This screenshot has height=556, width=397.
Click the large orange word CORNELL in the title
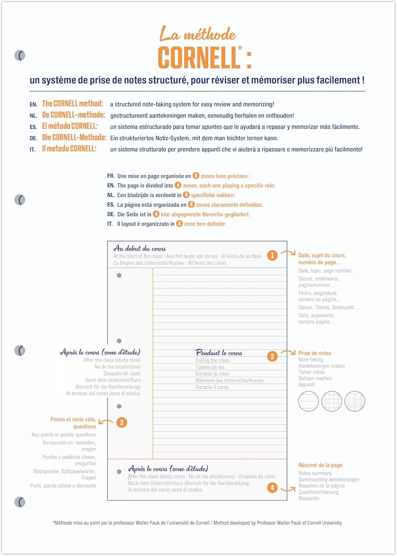pyautogui.click(x=199, y=58)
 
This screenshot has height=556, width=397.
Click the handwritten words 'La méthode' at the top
pyautogui.click(x=198, y=34)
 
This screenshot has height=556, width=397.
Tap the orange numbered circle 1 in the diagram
pyautogui.click(x=272, y=255)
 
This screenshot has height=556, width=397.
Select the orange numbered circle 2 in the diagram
pyautogui.click(x=272, y=357)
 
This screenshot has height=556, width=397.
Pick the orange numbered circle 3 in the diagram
pyautogui.click(x=122, y=423)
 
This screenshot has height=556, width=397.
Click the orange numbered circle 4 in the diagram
pyautogui.click(x=272, y=487)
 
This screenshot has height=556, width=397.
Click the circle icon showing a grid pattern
pyautogui.click(x=331, y=401)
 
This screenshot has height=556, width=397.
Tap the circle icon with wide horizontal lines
pyautogui.click(x=308, y=401)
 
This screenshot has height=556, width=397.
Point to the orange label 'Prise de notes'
pyautogui.click(x=315, y=353)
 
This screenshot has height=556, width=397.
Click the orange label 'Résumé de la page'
pyautogui.click(x=320, y=465)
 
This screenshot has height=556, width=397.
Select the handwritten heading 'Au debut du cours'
pyautogui.click(x=139, y=248)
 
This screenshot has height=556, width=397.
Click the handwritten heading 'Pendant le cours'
pyautogui.click(x=219, y=353)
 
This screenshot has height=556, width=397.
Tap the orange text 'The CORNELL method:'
pyautogui.click(x=72, y=103)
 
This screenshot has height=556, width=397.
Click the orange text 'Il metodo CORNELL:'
pyautogui.click(x=69, y=149)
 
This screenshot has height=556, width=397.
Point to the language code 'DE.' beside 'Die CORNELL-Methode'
pyautogui.click(x=33, y=138)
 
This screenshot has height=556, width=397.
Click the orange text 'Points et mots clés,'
pyautogui.click(x=73, y=420)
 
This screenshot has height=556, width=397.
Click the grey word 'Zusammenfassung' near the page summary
pyautogui.click(x=318, y=492)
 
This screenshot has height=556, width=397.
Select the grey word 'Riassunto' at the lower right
pyautogui.click(x=308, y=499)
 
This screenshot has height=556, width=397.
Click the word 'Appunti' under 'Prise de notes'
pyautogui.click(x=306, y=385)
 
